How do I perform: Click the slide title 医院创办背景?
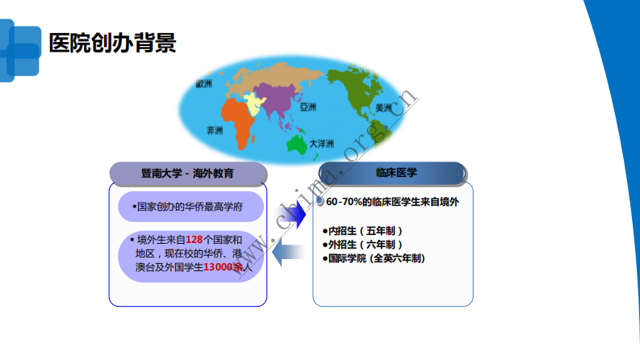pos(111,43)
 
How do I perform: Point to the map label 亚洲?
pos(307,107)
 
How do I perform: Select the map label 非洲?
pos(215,129)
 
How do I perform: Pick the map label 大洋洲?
pos(321,143)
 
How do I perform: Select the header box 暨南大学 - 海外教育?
pos(187,173)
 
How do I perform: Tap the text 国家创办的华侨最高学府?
pos(190,207)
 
